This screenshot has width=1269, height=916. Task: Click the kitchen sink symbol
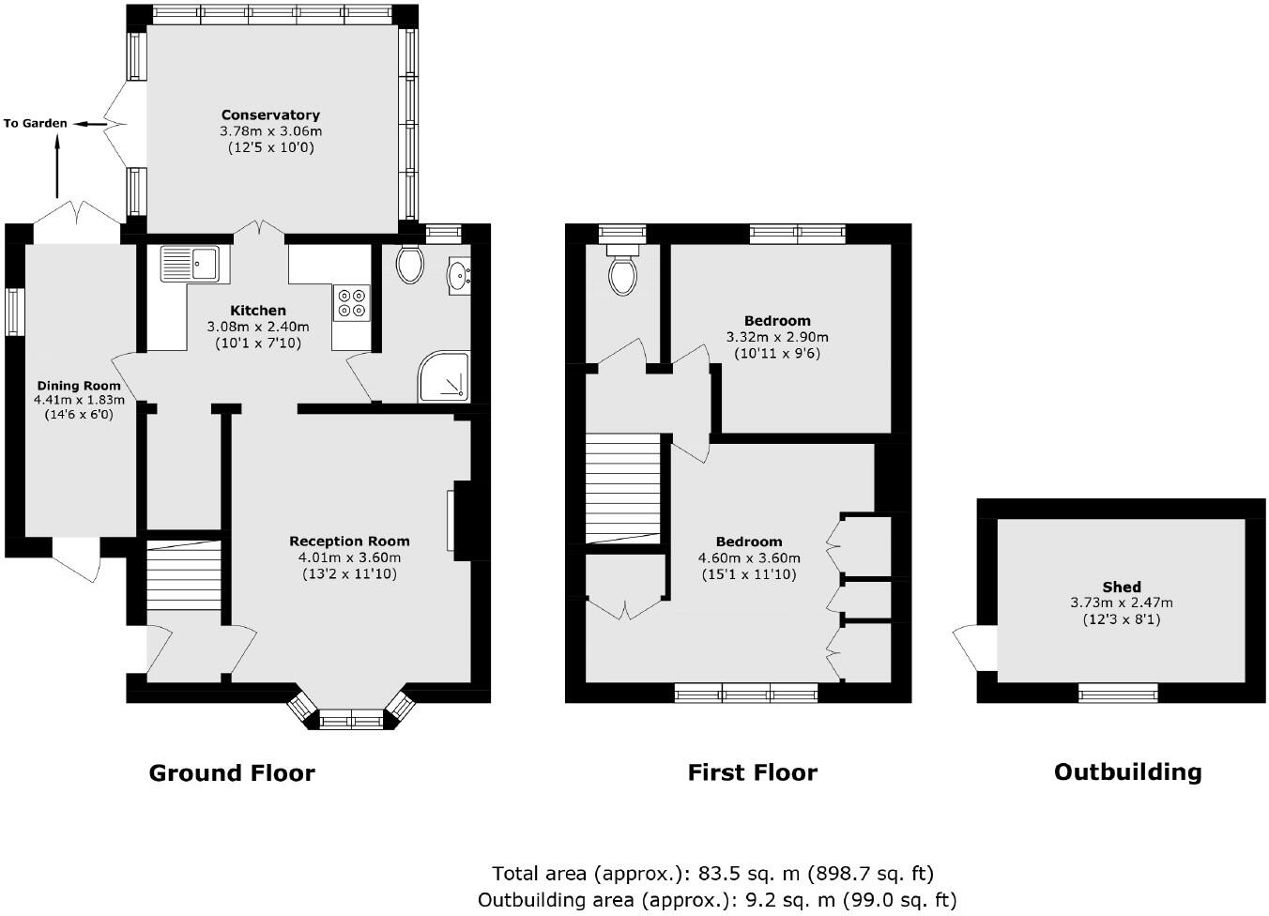click(x=189, y=264)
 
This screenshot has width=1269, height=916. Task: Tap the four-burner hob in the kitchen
click(x=352, y=302)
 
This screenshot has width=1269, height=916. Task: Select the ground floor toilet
click(x=409, y=264)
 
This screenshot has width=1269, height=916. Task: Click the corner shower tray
click(x=444, y=377)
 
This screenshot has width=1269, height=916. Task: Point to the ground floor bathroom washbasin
click(x=459, y=275)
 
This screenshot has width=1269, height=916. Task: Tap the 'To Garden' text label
click(x=35, y=123)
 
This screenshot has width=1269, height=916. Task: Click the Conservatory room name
click(x=270, y=115)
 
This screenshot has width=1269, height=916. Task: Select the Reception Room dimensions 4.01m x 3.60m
click(x=349, y=557)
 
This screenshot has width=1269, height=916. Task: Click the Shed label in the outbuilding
click(x=1122, y=587)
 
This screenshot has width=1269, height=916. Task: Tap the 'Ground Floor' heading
click(x=232, y=773)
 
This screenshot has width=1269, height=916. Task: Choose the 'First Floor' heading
click(x=752, y=772)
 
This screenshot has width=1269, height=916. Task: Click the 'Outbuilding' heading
click(x=1127, y=771)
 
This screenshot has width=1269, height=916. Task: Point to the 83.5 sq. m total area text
click(x=712, y=874)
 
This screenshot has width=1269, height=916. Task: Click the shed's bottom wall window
click(x=1117, y=694)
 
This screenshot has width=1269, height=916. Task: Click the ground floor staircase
click(x=184, y=575)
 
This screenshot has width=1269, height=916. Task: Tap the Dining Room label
click(x=79, y=386)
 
